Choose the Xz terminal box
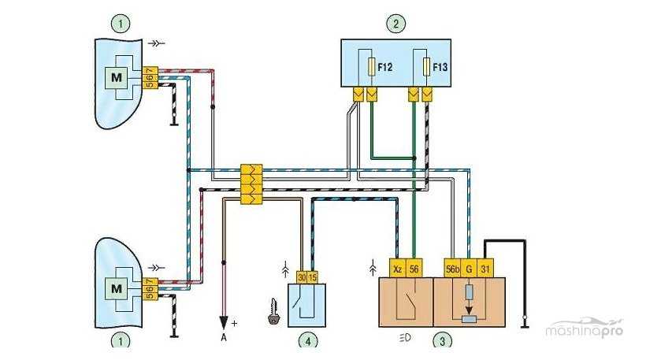(398, 268)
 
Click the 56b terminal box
(452, 268)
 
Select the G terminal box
(469, 268)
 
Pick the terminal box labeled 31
(487, 268)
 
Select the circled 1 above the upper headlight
(120, 24)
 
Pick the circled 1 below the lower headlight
(120, 341)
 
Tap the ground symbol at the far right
(525, 322)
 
